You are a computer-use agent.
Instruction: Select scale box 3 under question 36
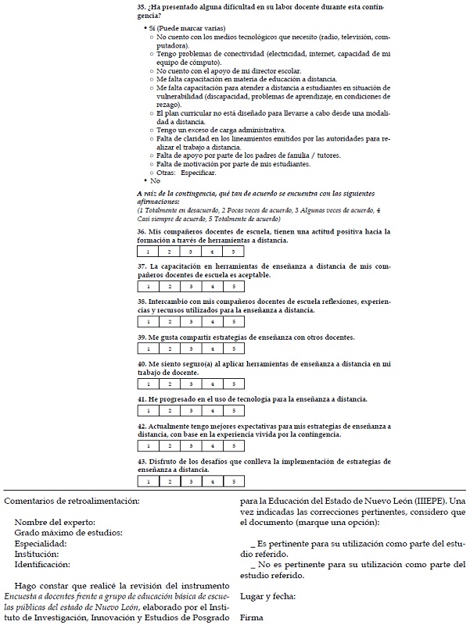click(191, 252)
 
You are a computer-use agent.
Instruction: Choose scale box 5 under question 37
click(233, 287)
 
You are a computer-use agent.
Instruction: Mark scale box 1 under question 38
click(148, 321)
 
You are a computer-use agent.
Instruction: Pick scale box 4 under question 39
click(212, 348)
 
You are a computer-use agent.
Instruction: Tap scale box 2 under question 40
click(169, 384)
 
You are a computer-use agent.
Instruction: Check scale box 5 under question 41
click(233, 410)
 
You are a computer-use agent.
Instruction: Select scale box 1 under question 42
click(148, 445)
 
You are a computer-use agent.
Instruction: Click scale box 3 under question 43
click(191, 481)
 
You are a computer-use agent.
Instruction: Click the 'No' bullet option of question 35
click(155, 180)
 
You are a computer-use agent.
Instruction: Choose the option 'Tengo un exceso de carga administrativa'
click(221, 129)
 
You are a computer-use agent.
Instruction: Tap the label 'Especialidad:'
click(41, 543)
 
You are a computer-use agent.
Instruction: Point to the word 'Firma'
click(252, 617)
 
